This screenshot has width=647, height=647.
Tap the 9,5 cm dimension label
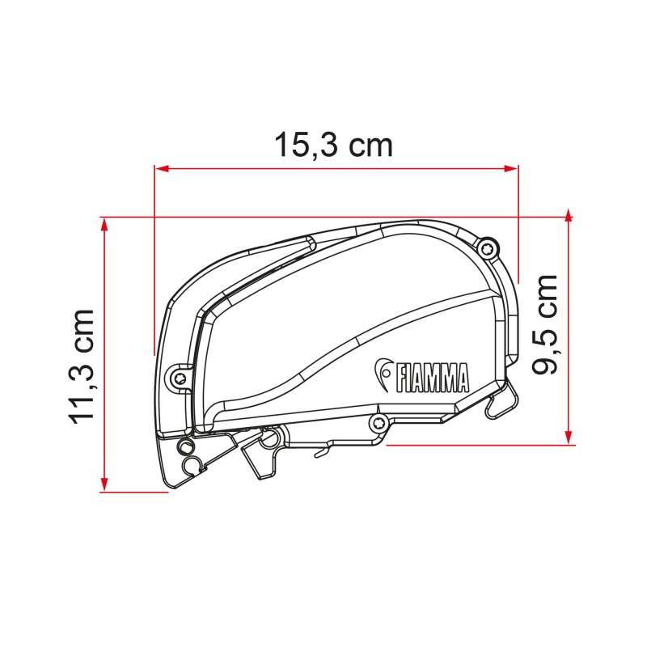point(547,323)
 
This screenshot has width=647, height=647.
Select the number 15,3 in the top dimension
point(307,146)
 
